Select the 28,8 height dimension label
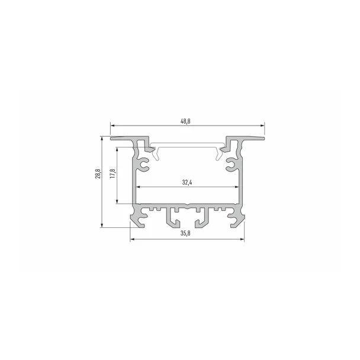click(x=98, y=173)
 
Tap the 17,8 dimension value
click(x=112, y=173)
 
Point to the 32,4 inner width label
click(x=187, y=182)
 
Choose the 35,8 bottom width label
click(x=185, y=233)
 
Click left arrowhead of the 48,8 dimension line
click(x=112, y=126)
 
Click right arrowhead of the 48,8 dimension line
click(x=262, y=126)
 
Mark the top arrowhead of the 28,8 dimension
click(x=101, y=139)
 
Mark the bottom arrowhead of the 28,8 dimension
click(x=101, y=226)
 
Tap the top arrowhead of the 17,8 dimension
click(x=117, y=149)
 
